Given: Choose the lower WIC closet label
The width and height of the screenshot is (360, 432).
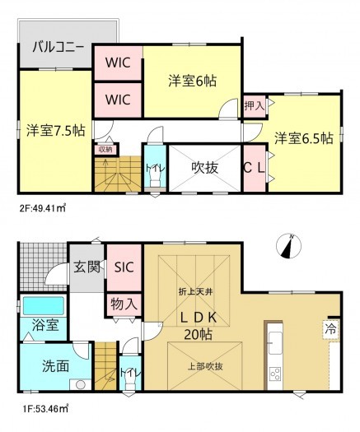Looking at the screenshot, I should [x=118, y=100].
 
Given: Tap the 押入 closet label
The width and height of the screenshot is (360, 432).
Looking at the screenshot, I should [x=254, y=105].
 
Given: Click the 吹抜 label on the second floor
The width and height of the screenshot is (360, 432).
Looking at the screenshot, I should [x=204, y=168].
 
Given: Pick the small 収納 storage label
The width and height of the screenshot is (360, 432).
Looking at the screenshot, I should [x=105, y=149].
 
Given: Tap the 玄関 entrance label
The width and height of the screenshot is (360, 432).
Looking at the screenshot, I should [x=86, y=265].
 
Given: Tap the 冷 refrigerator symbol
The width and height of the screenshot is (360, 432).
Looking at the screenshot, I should [x=330, y=327].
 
